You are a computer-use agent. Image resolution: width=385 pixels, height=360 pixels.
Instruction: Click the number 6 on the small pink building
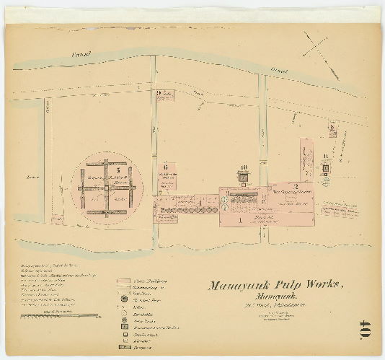pyautogui.click(x=165, y=165)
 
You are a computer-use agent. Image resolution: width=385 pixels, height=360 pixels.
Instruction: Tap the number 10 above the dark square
pyautogui.click(x=244, y=166)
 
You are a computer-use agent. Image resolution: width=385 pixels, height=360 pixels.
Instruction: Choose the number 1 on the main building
pyautogui.click(x=239, y=220)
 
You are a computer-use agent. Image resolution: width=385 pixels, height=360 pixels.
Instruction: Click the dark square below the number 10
pyautogui.click(x=244, y=175)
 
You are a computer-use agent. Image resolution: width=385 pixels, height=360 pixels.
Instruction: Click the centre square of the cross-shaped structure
pyautogui.click(x=105, y=187)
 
